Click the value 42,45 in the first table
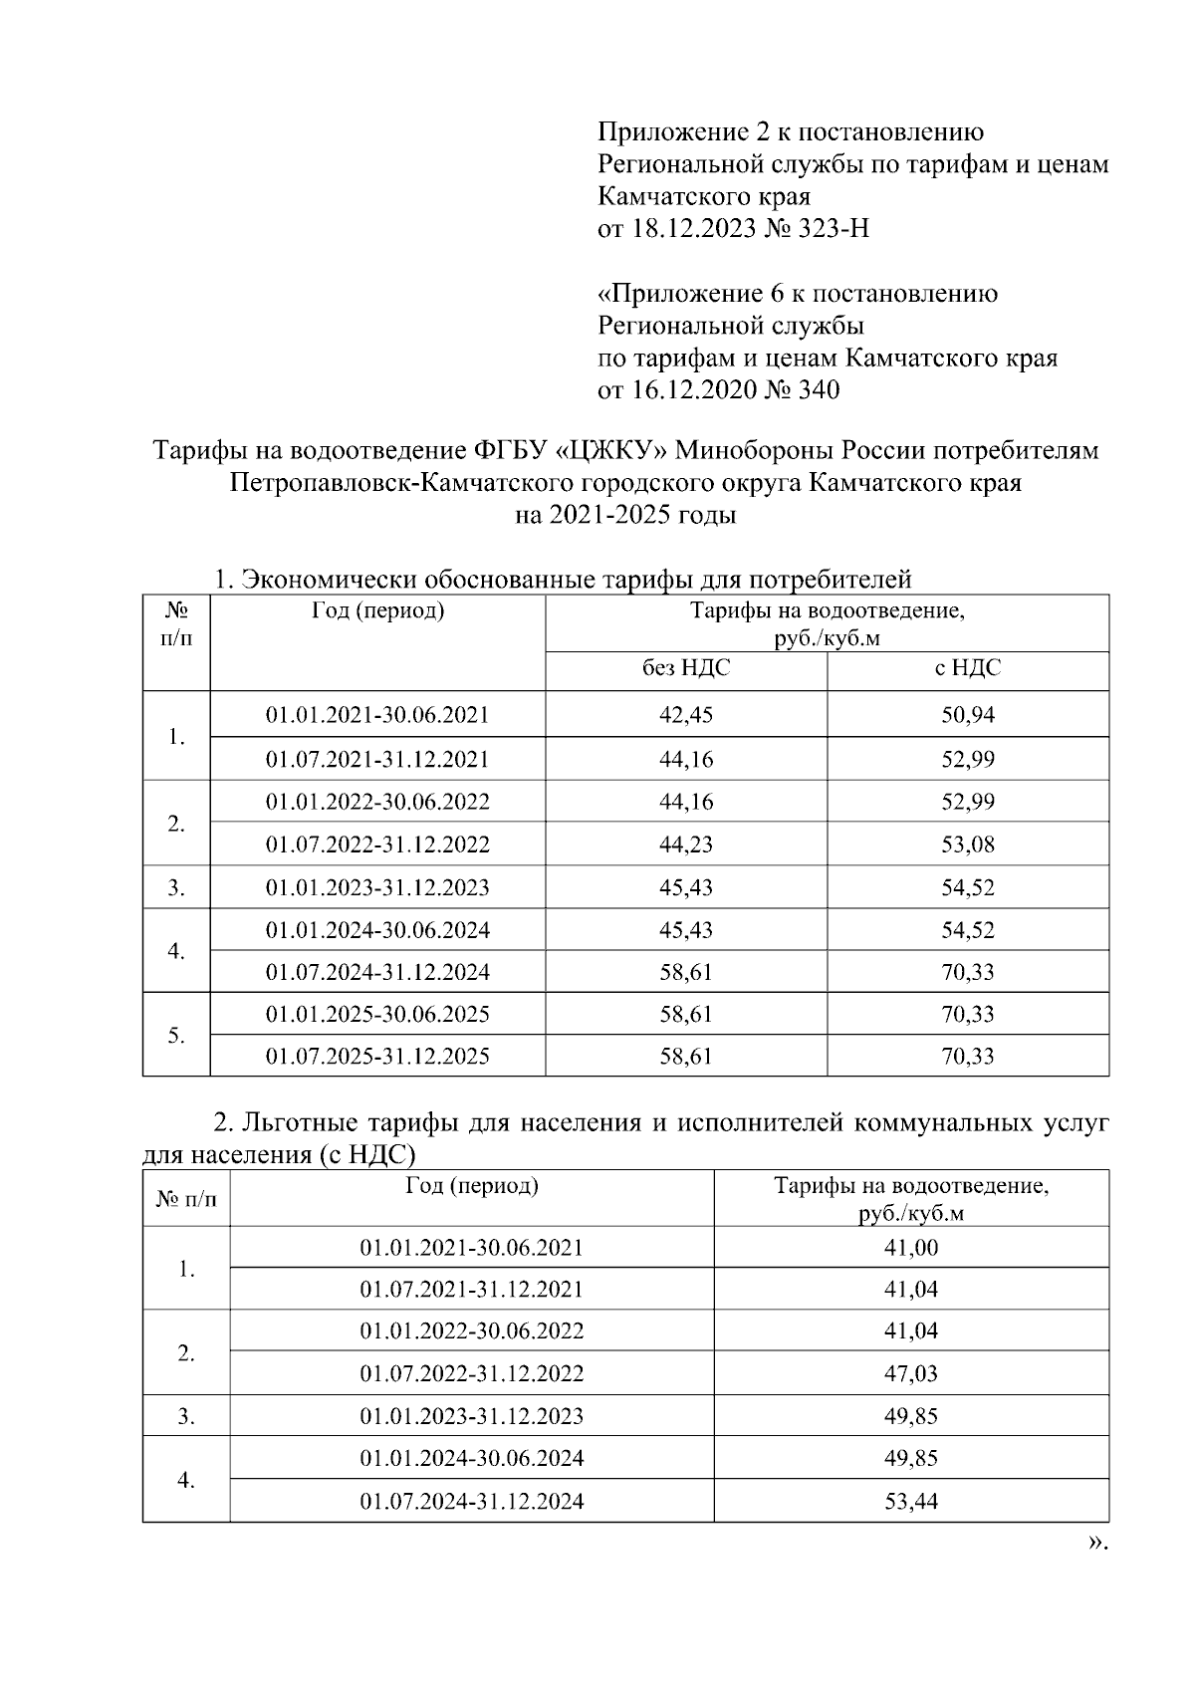click(x=686, y=715)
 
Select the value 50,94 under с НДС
click(x=968, y=715)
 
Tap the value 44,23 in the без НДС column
click(x=686, y=845)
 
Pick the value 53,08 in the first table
click(x=968, y=845)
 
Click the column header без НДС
click(x=686, y=668)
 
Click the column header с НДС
click(x=968, y=668)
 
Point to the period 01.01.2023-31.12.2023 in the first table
click(x=377, y=887)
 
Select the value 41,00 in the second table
click(x=911, y=1247)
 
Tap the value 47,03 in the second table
click(x=911, y=1373)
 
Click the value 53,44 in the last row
click(x=911, y=1501)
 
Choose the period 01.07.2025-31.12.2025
click(x=377, y=1057)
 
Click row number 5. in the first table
click(x=176, y=1036)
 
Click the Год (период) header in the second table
click(x=472, y=1185)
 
